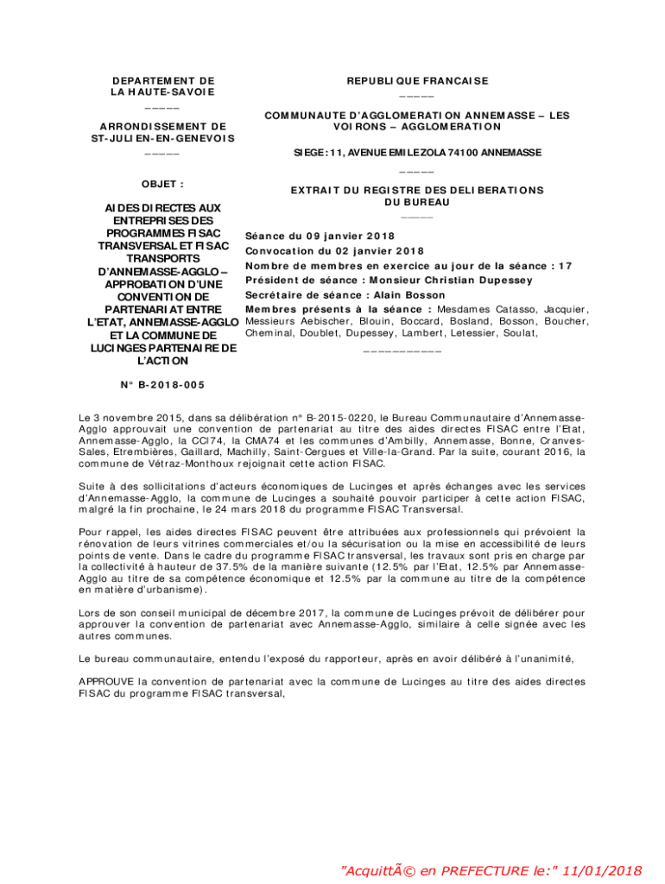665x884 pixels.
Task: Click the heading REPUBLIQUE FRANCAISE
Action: (x=417, y=81)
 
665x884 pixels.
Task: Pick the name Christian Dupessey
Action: (x=484, y=280)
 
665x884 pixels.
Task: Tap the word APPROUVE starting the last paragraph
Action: (x=105, y=681)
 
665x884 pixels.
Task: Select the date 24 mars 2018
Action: (x=282, y=509)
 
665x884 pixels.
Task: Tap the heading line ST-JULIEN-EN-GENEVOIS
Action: (x=162, y=138)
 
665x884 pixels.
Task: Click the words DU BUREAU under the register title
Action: (x=417, y=203)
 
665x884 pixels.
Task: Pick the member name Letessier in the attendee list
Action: (x=490, y=332)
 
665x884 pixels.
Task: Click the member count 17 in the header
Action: (x=566, y=266)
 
